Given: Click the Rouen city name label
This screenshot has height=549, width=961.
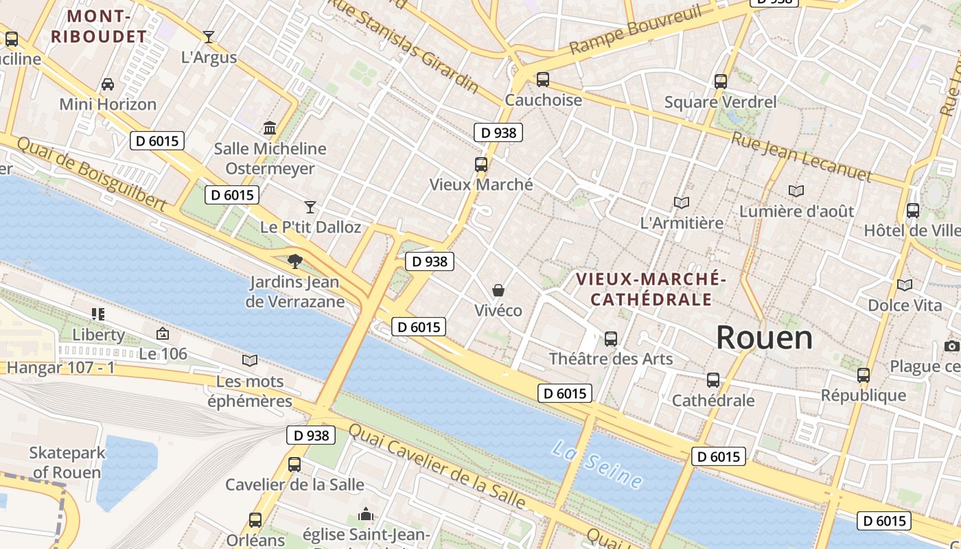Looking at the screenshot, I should [764, 338].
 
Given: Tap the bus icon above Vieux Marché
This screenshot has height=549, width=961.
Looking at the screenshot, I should [481, 165].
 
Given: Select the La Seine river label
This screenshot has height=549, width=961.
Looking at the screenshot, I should [597, 466].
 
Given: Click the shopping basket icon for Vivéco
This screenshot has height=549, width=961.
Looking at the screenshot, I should [498, 290].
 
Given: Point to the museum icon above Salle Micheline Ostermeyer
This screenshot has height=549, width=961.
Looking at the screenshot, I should [270, 128].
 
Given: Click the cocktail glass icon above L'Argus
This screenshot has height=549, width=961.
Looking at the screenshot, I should [209, 37].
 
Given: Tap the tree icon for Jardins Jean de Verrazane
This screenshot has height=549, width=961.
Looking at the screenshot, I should [295, 261].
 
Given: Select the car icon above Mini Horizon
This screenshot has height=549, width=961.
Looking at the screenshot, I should [108, 84].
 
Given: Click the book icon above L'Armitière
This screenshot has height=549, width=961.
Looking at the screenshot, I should [681, 202].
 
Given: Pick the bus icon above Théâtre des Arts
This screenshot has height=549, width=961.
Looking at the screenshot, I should [611, 338].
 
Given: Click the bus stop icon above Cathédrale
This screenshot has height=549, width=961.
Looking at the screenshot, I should [713, 380].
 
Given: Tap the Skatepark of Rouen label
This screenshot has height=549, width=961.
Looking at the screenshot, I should [67, 463].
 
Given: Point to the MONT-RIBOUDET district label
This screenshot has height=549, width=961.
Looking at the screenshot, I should [98, 26].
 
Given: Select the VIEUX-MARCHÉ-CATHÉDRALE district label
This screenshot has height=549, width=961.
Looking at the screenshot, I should [651, 289].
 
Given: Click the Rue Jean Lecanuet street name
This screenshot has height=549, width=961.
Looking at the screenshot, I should [801, 156].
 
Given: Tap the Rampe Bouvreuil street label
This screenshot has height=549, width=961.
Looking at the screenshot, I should [636, 31].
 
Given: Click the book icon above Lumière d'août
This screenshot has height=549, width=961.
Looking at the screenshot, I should [796, 191].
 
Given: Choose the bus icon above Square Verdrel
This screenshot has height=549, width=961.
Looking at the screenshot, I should [721, 82].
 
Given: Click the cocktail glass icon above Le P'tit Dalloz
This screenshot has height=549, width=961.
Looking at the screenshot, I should [310, 207].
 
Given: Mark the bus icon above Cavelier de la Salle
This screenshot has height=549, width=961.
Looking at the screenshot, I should [294, 464].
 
